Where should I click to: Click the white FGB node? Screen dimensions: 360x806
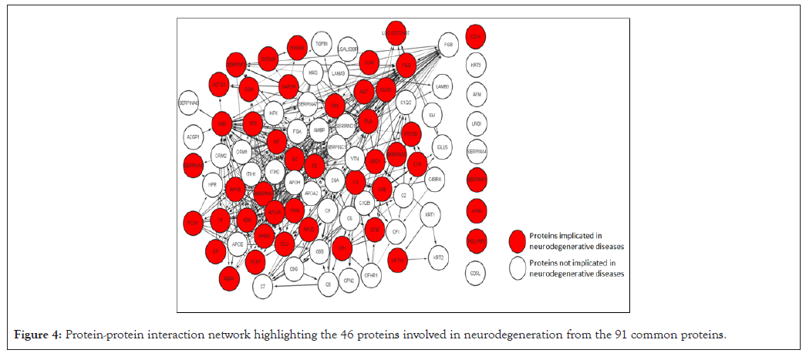(x=447, y=45)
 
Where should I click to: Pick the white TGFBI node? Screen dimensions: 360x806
(x=320, y=44)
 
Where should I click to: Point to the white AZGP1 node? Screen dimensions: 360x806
(x=193, y=136)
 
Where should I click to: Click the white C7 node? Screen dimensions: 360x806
(x=263, y=287)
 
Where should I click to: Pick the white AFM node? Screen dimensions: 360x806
(x=477, y=94)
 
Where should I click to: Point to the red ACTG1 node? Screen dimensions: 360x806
(x=219, y=85)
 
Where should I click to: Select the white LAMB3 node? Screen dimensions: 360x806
(x=443, y=87)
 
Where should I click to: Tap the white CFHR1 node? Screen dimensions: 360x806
(x=371, y=274)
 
